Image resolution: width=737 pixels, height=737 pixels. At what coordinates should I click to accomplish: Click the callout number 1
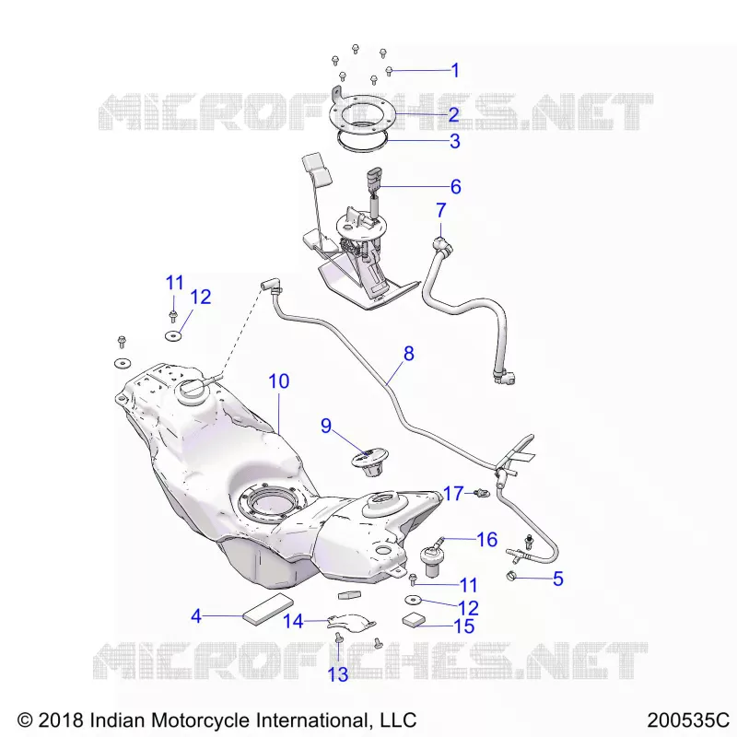pyautogui.click(x=455, y=71)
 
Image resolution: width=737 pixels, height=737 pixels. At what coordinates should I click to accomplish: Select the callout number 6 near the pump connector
pyautogui.click(x=455, y=187)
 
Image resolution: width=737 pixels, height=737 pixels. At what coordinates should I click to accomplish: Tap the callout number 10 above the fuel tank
pyautogui.click(x=279, y=381)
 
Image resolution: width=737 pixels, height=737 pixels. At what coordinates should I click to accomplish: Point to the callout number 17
pyautogui.click(x=453, y=494)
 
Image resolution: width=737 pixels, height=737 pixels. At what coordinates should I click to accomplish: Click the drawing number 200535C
pyautogui.click(x=687, y=720)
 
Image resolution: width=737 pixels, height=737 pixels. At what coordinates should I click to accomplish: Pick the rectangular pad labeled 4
pyautogui.click(x=268, y=609)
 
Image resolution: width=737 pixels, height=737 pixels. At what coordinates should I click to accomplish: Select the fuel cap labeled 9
pyautogui.click(x=370, y=462)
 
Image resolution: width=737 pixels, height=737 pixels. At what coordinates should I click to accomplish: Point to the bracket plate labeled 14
pyautogui.click(x=351, y=622)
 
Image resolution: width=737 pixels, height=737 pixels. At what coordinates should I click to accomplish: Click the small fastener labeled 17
pyautogui.click(x=482, y=493)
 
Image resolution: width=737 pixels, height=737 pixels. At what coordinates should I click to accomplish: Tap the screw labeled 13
pyautogui.click(x=338, y=638)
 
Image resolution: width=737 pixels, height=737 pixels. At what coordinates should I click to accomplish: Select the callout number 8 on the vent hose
pyautogui.click(x=408, y=354)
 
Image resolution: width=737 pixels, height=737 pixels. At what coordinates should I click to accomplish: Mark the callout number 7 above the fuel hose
pyautogui.click(x=440, y=211)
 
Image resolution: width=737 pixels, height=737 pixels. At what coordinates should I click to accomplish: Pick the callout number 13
pyautogui.click(x=337, y=674)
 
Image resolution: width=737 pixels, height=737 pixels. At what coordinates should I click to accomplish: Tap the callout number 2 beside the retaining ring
pyautogui.click(x=453, y=114)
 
